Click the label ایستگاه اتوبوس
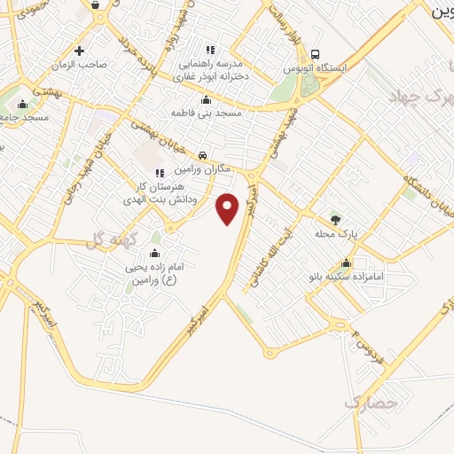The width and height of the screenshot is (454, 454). click(322, 67)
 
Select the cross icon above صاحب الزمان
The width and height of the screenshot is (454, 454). click(80, 50)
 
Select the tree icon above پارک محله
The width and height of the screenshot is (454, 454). click(334, 219)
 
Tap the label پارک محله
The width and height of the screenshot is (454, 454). click(334, 234)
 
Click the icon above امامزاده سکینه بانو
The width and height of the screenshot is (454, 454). click(347, 262)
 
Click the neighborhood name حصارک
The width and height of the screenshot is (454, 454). click(366, 403)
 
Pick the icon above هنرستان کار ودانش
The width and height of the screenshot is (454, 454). click(159, 173)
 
